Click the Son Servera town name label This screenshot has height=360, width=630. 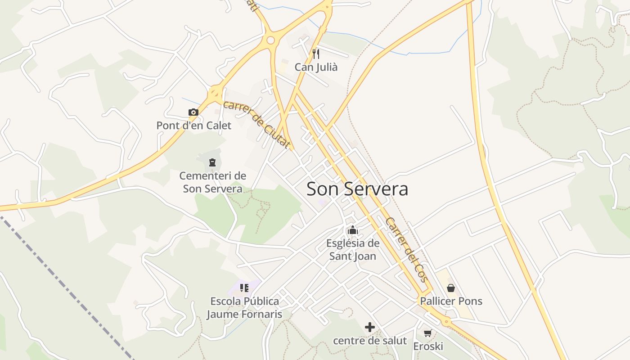(357, 189)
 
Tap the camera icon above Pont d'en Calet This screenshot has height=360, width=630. (193, 112)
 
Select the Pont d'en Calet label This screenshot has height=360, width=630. (193, 126)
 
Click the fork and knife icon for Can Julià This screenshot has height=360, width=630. (316, 54)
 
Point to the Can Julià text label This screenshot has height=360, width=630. (316, 67)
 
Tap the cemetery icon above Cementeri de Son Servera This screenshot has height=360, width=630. (212, 162)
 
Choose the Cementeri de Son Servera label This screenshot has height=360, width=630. (212, 182)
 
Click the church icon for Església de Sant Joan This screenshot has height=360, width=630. (352, 231)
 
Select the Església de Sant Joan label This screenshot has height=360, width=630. (353, 250)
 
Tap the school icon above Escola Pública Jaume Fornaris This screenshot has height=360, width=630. (244, 288)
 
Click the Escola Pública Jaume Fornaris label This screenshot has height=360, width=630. (244, 307)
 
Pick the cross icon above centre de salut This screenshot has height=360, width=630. (370, 327)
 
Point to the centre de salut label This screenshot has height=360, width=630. (370, 341)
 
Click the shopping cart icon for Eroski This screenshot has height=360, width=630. (428, 333)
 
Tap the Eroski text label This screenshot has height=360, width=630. (428, 346)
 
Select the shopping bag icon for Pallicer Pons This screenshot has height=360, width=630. (451, 288)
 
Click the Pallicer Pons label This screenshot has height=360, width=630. (451, 301)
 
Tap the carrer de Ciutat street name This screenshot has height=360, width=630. (256, 124)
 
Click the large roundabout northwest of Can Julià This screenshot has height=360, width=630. (270, 40)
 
